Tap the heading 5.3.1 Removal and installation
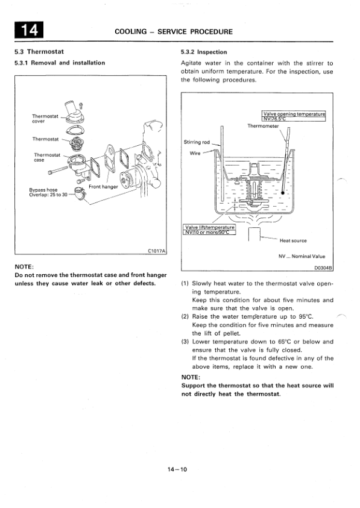pos(59,62)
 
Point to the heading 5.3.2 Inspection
pos(204,52)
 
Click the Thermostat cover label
pos(46,118)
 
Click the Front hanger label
pos(103,187)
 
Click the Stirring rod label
pos(196,142)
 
